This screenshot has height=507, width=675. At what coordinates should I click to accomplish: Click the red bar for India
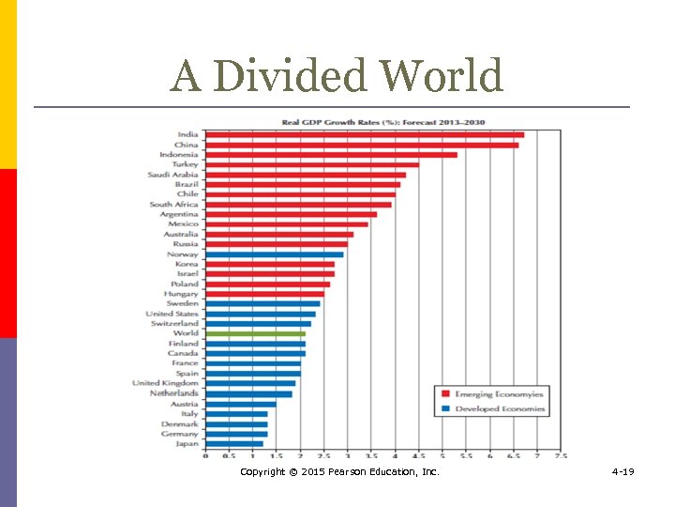(364, 135)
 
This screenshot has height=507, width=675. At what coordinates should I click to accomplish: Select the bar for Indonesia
(331, 155)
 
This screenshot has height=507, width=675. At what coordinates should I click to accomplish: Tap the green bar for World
(255, 333)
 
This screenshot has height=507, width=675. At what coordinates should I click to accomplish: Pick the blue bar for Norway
(274, 254)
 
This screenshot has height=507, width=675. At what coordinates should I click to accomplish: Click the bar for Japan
(233, 443)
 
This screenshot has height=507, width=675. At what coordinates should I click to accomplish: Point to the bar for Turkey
(311, 165)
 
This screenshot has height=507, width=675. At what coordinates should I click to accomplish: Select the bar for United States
(260, 314)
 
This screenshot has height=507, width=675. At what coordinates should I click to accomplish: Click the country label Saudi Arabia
(172, 175)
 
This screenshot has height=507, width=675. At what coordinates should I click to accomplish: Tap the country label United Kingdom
(165, 383)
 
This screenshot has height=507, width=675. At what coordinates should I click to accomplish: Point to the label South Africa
(173, 205)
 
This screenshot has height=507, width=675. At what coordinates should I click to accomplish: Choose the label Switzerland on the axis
(174, 324)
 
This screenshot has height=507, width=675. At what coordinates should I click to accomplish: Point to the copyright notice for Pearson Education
(339, 471)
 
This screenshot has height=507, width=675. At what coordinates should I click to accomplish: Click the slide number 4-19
(622, 471)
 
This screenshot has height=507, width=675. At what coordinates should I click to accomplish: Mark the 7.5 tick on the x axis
(561, 456)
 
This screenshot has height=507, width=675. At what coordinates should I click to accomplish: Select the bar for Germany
(236, 434)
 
